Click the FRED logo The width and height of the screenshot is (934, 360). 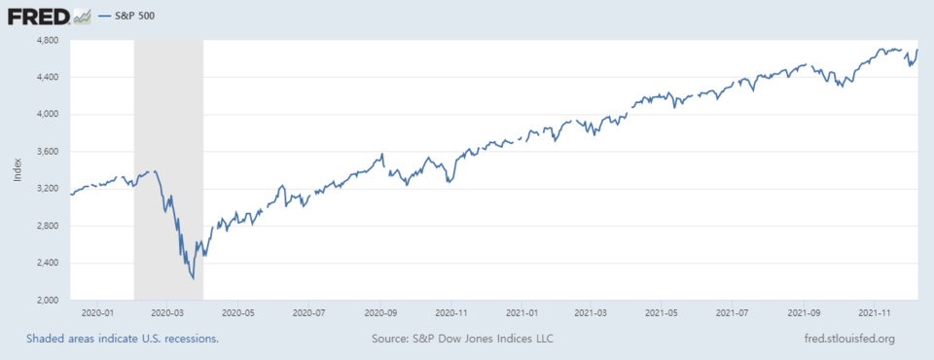point(40,16)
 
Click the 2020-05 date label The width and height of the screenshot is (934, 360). point(237,313)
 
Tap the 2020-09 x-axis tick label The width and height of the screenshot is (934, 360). point(381,313)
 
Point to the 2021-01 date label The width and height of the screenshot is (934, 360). point(523,313)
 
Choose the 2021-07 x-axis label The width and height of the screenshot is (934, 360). point(736,313)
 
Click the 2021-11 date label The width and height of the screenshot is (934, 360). point(879,313)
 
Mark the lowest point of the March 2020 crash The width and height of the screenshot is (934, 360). point(194,278)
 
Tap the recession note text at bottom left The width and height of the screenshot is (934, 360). point(123,339)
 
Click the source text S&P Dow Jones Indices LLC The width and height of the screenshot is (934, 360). point(464,339)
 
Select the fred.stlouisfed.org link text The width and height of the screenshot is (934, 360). point(844,339)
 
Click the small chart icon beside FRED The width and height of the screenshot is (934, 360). point(83,16)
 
